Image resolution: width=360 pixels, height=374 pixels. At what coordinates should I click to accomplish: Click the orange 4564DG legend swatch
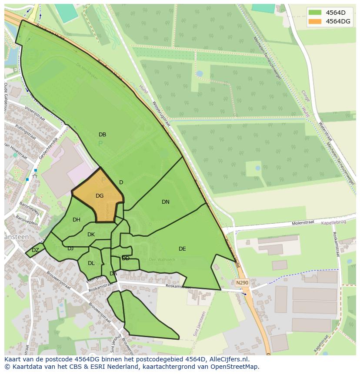[x=316, y=21]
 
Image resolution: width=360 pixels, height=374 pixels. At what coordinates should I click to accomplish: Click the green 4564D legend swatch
[x=316, y=13]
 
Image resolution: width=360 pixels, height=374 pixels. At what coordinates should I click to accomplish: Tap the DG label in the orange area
[x=100, y=196]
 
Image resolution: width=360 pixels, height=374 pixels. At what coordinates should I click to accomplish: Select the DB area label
[x=102, y=135]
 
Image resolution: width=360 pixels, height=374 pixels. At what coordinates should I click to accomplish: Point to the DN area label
[x=166, y=202]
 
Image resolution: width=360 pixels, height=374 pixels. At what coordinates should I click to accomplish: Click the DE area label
[x=182, y=249]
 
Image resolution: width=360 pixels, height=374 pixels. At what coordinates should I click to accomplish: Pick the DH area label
[x=77, y=220]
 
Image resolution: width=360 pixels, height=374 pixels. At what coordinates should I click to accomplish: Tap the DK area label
[x=91, y=235]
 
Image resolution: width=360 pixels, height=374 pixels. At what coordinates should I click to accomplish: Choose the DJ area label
[x=70, y=248]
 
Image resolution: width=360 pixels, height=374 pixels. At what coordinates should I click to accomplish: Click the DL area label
[x=91, y=263]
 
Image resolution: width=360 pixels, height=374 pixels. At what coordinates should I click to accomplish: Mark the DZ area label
[x=35, y=250]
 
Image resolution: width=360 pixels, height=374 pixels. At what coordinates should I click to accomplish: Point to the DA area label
[x=113, y=274]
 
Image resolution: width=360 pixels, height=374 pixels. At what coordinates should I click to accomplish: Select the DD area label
[x=126, y=258]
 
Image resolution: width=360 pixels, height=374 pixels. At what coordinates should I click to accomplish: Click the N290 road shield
[x=242, y=283]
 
